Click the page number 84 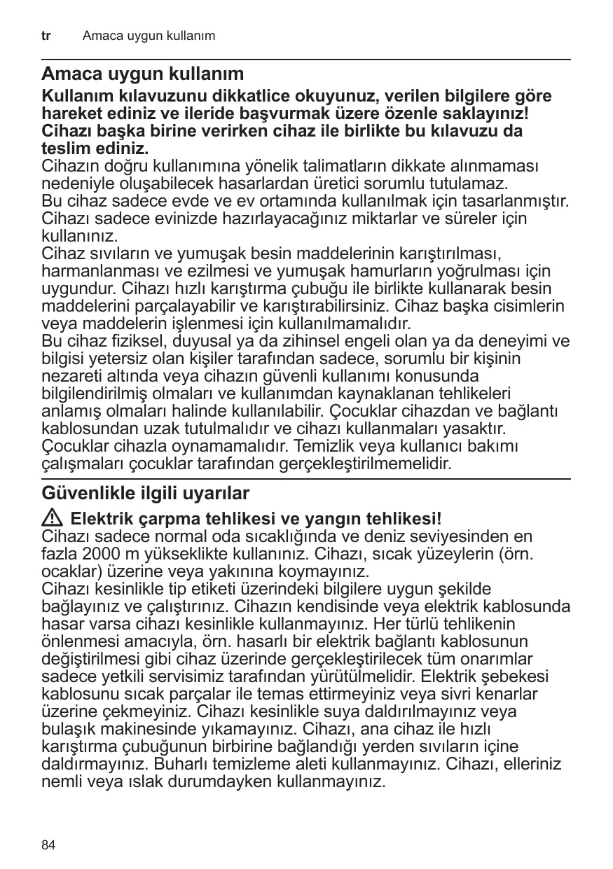point(48,845)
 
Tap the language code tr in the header point(46,35)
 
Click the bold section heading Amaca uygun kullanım point(143,74)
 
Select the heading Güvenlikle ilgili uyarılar point(146,494)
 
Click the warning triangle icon point(53,520)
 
